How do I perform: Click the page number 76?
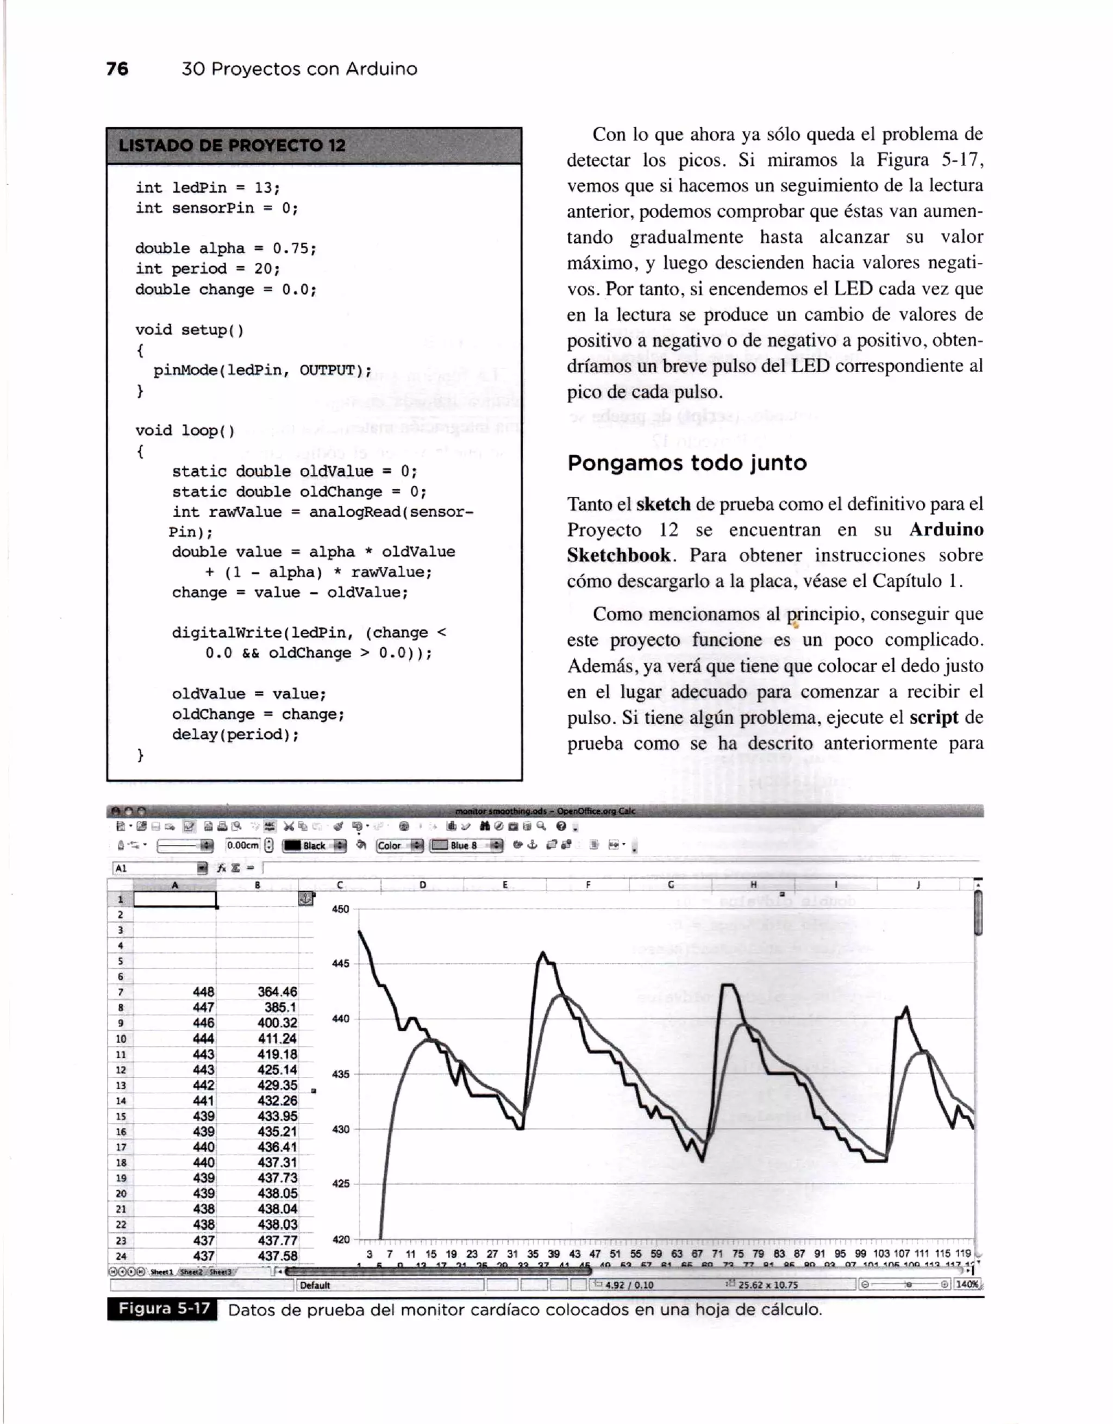pyautogui.click(x=117, y=68)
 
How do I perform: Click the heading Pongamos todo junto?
pyautogui.click(x=686, y=463)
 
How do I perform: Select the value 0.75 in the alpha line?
pyautogui.click(x=294, y=248)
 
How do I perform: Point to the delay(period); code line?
pyautogui.click(x=235, y=735)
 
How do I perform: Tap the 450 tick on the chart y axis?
pyautogui.click(x=340, y=909)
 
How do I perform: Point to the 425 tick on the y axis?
pyautogui.click(x=340, y=1183)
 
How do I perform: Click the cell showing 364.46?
pyautogui.click(x=277, y=992)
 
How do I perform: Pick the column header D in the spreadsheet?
pyautogui.click(x=422, y=885)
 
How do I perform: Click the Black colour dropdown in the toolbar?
pyautogui.click(x=315, y=846)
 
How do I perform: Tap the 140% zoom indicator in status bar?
pyautogui.click(x=967, y=1284)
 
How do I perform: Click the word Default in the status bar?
pyautogui.click(x=316, y=1284)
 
